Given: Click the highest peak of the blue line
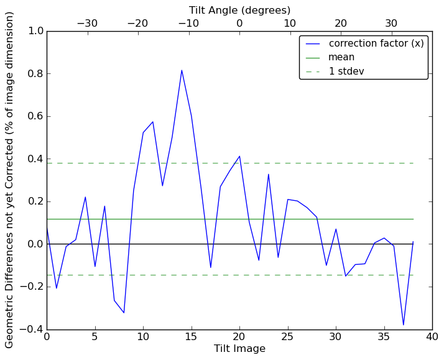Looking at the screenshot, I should click(x=182, y=70).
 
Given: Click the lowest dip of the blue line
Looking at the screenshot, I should click(x=403, y=325).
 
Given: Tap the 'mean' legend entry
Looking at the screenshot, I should click(x=341, y=57).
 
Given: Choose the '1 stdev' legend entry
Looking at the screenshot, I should click(x=346, y=72).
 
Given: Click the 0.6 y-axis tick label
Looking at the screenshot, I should click(x=35, y=116).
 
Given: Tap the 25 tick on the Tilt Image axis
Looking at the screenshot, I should click(x=287, y=337).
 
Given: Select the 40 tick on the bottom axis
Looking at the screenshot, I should click(x=432, y=337).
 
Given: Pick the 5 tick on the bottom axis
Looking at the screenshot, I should click(x=95, y=337).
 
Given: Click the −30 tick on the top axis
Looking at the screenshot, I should click(x=87, y=23).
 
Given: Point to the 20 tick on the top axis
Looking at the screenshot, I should click(x=341, y=23).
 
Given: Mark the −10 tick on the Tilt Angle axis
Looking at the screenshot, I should click(x=188, y=23).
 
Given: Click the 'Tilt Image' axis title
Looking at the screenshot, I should click(x=239, y=349).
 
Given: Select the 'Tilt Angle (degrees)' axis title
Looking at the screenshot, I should click(x=239, y=10).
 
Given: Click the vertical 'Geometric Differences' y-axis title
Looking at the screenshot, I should click(x=10, y=180).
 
